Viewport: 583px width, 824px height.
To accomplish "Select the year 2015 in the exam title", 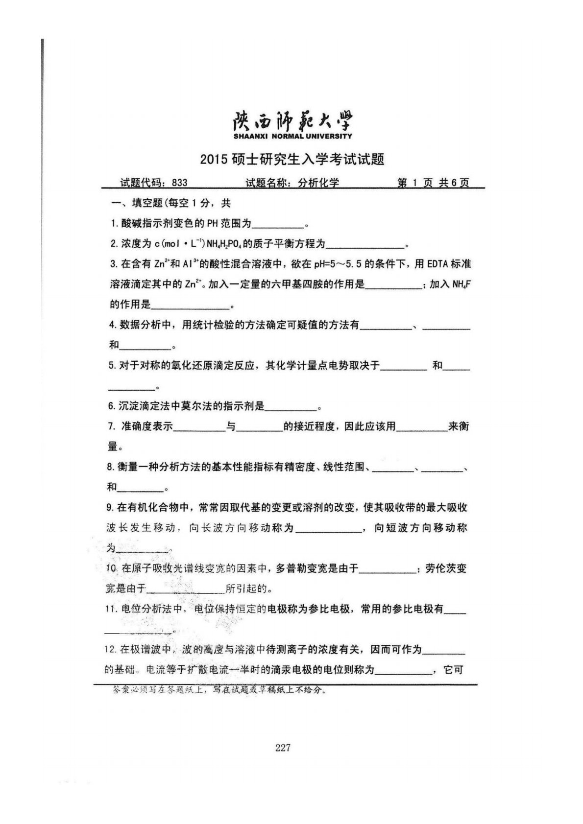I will point(212,160).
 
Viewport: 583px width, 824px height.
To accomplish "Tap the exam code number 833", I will point(180,183).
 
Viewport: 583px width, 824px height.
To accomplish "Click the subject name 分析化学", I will point(319,183).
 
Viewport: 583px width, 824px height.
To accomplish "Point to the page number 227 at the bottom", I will point(283,748).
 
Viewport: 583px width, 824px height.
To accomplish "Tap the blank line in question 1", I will point(278,225).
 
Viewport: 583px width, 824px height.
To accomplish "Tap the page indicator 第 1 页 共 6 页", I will point(433,183).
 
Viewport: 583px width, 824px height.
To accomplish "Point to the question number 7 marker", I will point(111,426).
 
